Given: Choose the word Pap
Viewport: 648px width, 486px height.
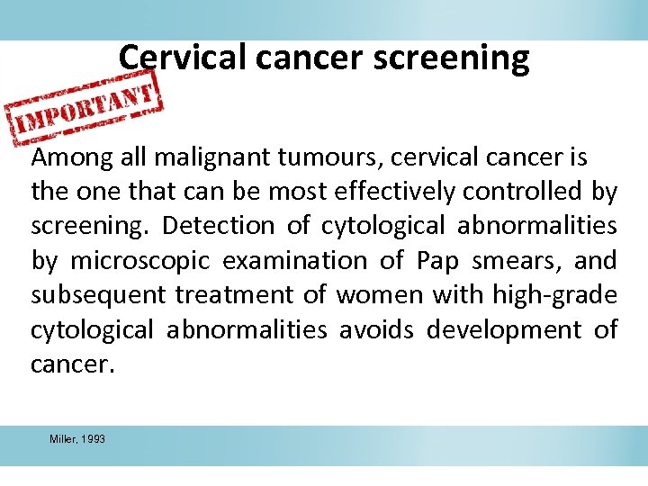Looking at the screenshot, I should point(436,262).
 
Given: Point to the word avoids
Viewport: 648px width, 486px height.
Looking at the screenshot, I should point(376,330).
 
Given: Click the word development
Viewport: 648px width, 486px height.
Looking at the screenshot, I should point(504,330).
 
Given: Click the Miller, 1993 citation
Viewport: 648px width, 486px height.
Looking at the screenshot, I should point(77,439).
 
